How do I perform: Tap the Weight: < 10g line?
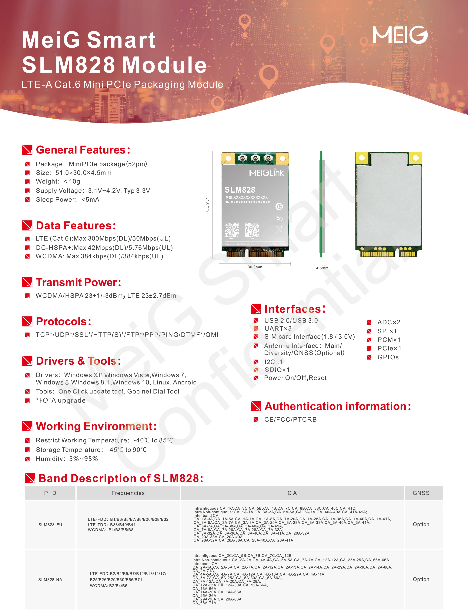coord(58,181)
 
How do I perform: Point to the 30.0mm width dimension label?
coord(255,267)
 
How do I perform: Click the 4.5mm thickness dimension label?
coord(322,268)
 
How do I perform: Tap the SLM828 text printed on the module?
coord(240,190)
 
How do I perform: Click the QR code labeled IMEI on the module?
coord(232,229)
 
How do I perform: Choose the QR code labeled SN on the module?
coord(252,229)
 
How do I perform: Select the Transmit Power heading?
coord(78,282)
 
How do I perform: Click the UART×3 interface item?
coord(278,329)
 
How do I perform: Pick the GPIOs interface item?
coord(388,357)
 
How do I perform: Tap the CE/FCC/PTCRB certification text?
coord(290,419)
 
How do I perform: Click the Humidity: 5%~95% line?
coord(67,459)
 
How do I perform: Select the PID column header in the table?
coord(50,493)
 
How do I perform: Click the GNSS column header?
coord(421,493)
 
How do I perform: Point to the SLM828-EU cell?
coord(50,525)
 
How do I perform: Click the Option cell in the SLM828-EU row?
coord(421,524)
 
